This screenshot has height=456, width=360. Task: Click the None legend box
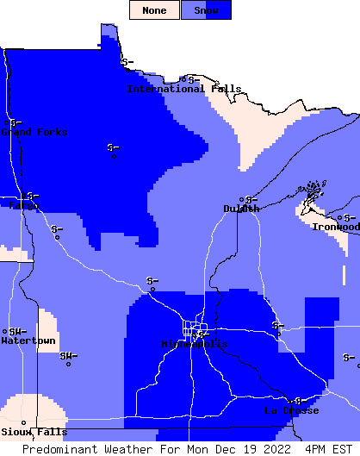[x=155, y=10]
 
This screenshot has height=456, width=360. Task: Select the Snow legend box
[x=206, y=10]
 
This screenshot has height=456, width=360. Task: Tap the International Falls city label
[x=183, y=89]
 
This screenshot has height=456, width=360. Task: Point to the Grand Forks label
[x=34, y=132]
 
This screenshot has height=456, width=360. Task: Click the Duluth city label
[x=241, y=209]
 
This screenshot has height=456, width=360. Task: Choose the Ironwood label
[x=336, y=227]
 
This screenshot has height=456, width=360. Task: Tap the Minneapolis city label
[x=195, y=344]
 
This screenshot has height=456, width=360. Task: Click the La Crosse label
[x=291, y=410]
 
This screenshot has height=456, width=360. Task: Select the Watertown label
[x=28, y=341]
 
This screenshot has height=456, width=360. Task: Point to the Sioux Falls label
[x=34, y=432]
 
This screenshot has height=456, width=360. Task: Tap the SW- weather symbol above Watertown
[x=18, y=330]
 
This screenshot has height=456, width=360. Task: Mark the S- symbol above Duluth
[x=251, y=199]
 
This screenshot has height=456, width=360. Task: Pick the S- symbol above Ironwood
[x=349, y=217]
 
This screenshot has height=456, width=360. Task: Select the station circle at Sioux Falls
[x=23, y=422]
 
